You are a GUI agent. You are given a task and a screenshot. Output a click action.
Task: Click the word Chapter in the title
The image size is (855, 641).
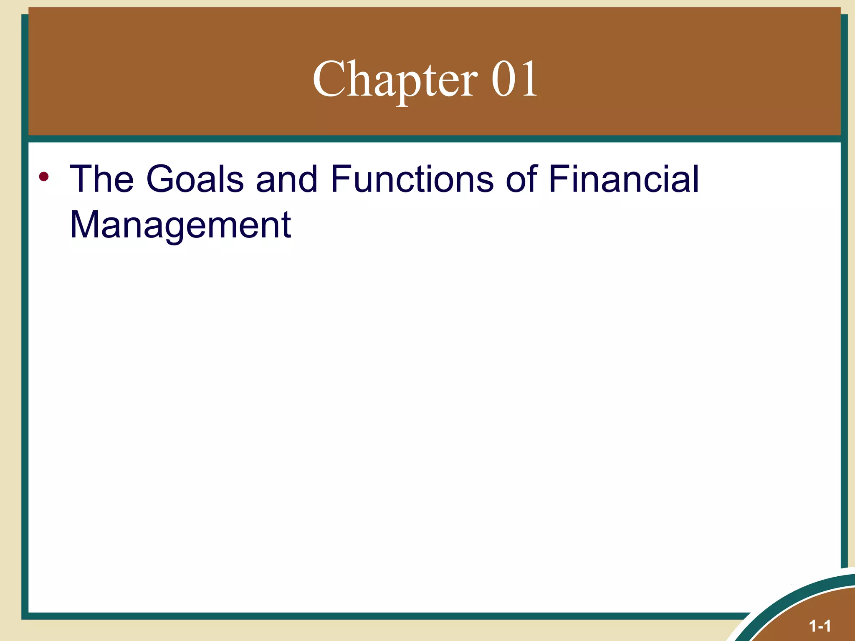pyautogui.click(x=395, y=79)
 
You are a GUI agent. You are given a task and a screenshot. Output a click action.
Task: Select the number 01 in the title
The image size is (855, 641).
pyautogui.click(x=514, y=79)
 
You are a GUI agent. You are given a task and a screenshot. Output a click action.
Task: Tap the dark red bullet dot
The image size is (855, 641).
pyautogui.click(x=43, y=177)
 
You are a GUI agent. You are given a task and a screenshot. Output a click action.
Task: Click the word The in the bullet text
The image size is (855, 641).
pyautogui.click(x=101, y=179)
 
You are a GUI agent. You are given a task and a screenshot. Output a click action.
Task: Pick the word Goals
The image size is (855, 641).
pyautogui.click(x=195, y=179)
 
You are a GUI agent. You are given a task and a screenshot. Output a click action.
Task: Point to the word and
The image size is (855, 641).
pyautogui.click(x=286, y=179)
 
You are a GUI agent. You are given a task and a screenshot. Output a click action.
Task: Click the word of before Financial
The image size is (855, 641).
pyautogui.click(x=521, y=179)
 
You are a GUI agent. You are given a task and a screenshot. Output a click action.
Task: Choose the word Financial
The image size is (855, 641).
pyautogui.click(x=623, y=179)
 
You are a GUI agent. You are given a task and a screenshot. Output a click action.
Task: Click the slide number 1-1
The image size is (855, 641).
pyautogui.click(x=820, y=626)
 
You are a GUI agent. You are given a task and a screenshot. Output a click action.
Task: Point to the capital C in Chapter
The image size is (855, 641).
pyautogui.click(x=328, y=79)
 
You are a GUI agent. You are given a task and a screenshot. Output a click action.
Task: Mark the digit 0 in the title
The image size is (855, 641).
pyautogui.click(x=503, y=79)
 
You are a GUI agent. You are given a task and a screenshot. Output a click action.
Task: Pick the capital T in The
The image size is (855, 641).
pyautogui.click(x=81, y=179)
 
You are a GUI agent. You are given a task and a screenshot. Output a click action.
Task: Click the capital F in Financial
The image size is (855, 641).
pyautogui.click(x=557, y=179)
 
